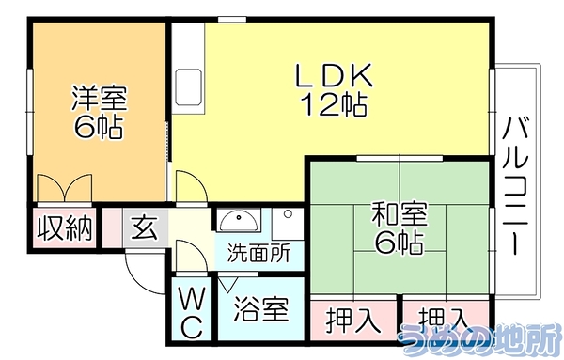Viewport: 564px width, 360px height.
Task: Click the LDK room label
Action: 334,75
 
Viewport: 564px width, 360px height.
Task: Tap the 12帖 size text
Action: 334,104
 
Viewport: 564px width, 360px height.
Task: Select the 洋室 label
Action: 99,98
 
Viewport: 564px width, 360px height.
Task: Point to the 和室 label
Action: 399,214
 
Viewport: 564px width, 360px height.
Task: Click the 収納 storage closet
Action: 65,228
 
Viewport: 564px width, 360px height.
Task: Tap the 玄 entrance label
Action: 145,228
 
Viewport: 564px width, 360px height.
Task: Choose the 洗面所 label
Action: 259,253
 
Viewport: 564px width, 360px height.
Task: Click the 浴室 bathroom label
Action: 261,309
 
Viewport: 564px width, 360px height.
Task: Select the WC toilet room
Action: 192,308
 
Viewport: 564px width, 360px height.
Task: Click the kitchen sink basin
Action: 188,87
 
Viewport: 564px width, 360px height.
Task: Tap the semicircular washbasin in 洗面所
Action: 239,220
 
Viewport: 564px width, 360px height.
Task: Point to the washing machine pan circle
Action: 288,214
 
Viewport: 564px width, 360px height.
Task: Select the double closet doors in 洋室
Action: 65,188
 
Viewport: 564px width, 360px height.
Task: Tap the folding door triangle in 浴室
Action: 227,284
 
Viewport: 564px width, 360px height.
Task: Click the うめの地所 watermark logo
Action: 479,337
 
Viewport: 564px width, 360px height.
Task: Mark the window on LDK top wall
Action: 232,20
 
